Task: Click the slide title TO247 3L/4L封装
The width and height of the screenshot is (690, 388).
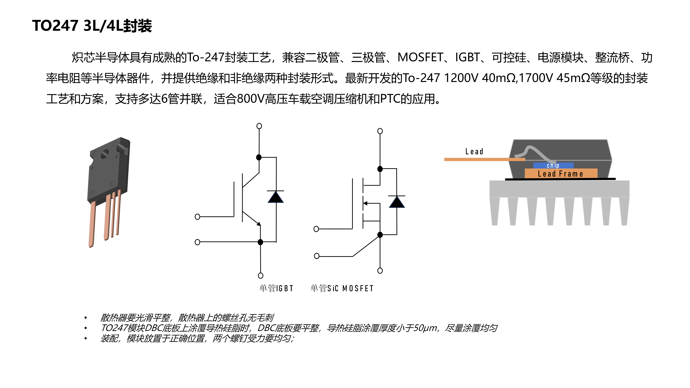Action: [x=92, y=26]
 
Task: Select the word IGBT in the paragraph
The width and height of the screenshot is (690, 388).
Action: [x=467, y=57]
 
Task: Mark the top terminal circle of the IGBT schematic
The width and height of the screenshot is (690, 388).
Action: [x=259, y=126]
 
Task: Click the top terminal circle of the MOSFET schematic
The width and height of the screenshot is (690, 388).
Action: [x=380, y=131]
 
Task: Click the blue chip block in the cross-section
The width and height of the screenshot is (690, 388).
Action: [x=553, y=165]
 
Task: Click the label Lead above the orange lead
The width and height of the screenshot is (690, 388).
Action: [x=474, y=152]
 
